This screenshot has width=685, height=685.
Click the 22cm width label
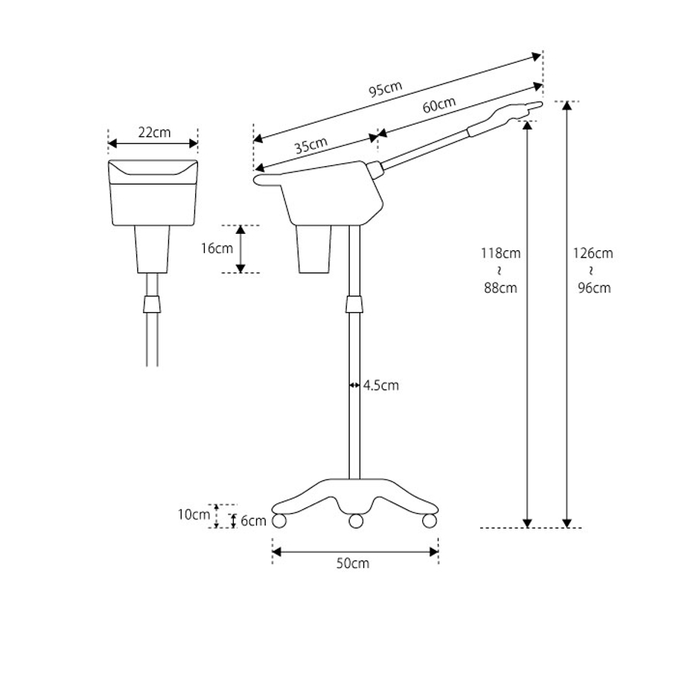[154, 133]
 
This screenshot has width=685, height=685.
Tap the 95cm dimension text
[386, 89]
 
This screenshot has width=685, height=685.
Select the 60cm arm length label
[439, 105]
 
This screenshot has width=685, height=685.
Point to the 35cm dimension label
[311, 145]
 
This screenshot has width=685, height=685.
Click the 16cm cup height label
[217, 249]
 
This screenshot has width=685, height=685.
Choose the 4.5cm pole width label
[381, 386]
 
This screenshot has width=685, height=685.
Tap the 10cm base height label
[194, 514]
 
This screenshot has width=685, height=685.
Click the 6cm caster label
[253, 520]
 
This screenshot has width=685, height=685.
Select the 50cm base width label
[352, 564]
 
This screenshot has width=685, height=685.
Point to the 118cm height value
[500, 253]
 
